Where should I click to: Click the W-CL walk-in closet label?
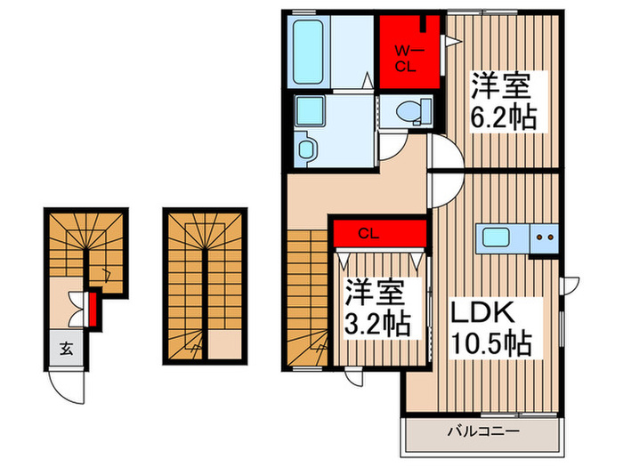pos(408,57)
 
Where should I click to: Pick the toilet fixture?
pos(410,111)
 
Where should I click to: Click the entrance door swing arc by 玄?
pos(63,386)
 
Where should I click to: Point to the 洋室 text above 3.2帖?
pos(377,294)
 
